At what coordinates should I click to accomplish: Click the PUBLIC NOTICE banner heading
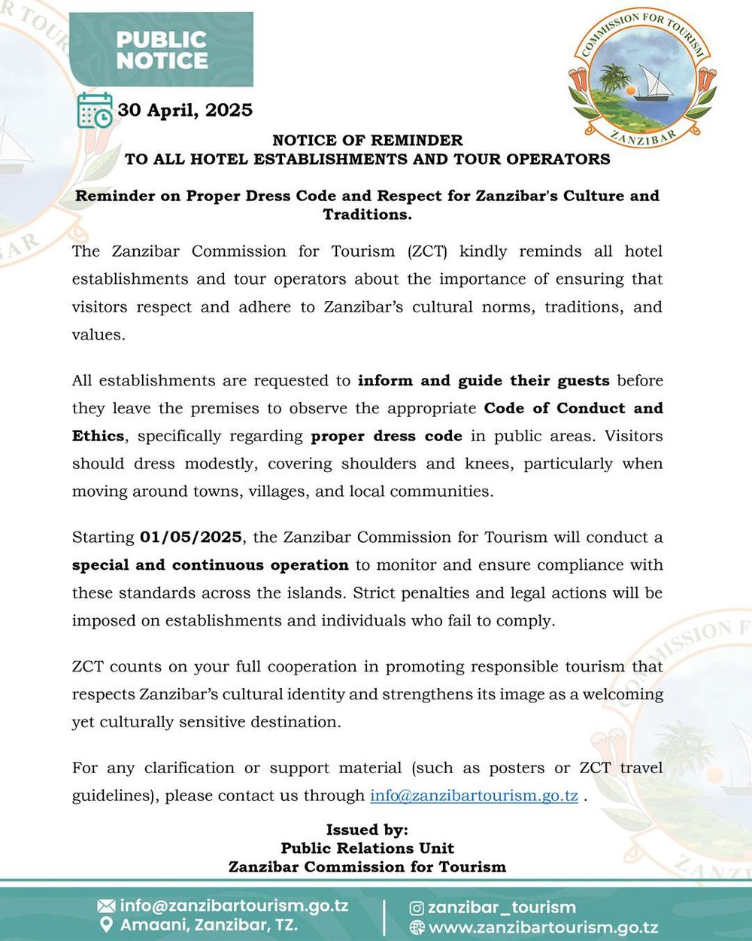(162, 50)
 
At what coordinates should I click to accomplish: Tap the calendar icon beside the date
(95, 111)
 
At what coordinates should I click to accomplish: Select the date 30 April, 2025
(185, 110)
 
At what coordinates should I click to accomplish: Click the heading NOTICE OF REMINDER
(367, 140)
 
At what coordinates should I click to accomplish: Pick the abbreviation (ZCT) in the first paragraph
(428, 251)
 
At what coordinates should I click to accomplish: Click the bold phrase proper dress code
(387, 436)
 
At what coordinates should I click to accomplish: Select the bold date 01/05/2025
(191, 537)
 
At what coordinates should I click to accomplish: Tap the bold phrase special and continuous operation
(211, 565)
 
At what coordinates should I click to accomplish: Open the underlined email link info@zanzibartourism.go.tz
(474, 796)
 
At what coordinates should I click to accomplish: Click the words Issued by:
(367, 830)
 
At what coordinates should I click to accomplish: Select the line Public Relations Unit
(367, 848)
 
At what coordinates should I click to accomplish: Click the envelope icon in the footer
(107, 906)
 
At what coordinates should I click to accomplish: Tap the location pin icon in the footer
(107, 924)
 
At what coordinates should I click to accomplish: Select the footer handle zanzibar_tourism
(502, 908)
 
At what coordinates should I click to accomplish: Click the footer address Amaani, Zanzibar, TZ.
(209, 924)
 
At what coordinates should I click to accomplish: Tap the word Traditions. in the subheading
(367, 215)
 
